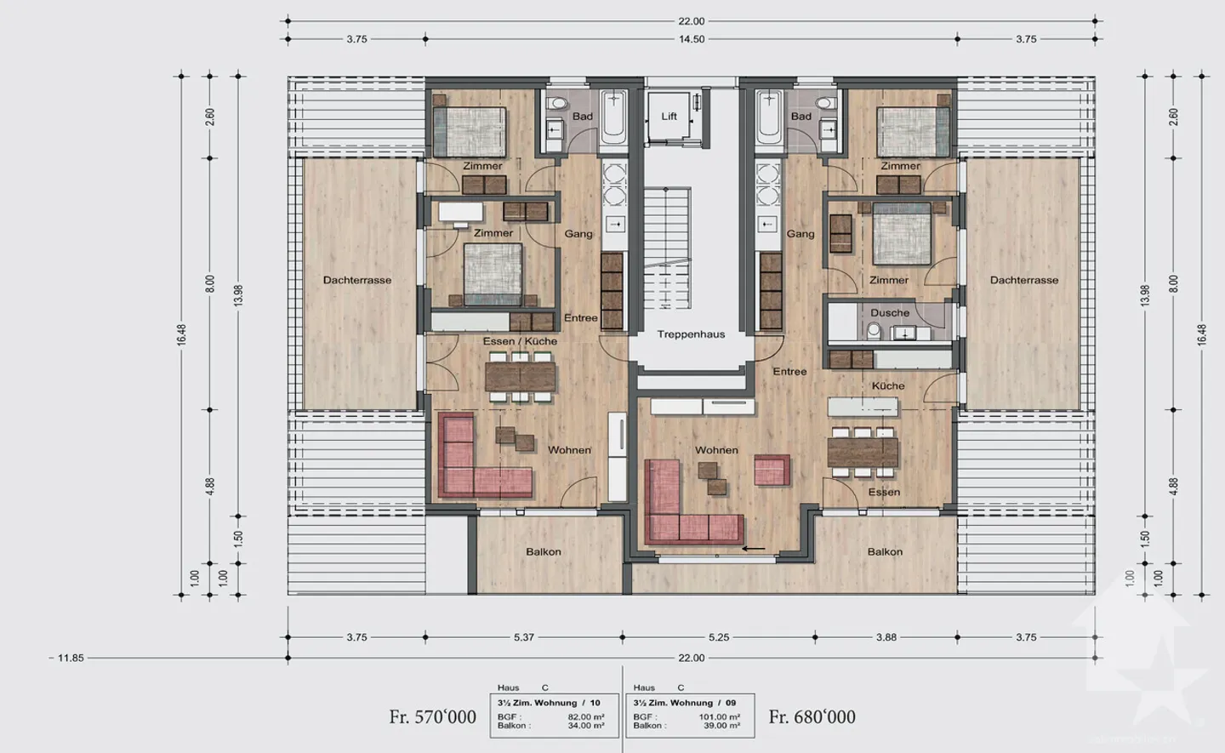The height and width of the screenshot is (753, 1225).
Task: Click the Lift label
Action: (x=669, y=116)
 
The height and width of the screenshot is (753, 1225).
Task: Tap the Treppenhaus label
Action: (x=691, y=334)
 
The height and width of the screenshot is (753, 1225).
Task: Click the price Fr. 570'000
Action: (x=432, y=716)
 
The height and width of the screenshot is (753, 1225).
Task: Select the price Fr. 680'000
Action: (x=812, y=716)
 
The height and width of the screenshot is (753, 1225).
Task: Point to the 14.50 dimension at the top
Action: (x=692, y=39)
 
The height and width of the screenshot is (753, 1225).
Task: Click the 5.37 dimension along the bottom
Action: (x=523, y=637)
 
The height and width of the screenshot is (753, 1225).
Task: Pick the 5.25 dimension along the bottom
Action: (x=719, y=637)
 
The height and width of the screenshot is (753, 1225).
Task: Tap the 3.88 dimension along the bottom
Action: (x=886, y=637)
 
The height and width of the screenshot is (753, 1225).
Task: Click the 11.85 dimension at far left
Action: (x=71, y=658)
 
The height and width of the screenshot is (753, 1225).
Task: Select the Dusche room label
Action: (x=890, y=313)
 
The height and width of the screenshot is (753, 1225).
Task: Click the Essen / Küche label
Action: (x=520, y=341)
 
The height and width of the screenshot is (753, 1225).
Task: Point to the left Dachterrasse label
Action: (x=357, y=280)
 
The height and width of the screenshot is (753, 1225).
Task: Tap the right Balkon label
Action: (x=885, y=551)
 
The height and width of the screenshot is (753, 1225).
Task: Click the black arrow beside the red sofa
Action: (x=754, y=549)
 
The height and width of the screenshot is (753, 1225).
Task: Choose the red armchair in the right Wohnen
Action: (x=772, y=471)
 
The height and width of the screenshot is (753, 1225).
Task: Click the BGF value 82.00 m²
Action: (x=585, y=716)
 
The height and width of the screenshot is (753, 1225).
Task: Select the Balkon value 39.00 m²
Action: (x=722, y=726)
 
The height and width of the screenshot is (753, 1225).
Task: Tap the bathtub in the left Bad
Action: (x=613, y=117)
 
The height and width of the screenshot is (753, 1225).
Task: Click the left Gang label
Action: (x=578, y=234)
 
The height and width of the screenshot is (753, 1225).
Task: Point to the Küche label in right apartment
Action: (x=888, y=386)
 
